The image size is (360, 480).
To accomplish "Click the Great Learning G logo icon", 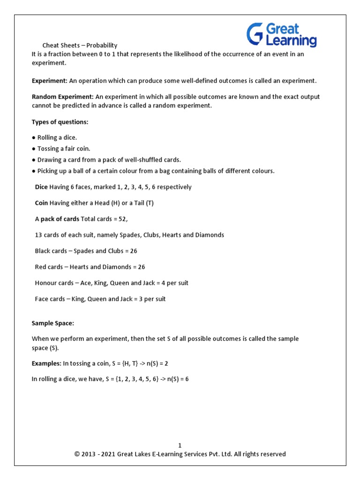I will point(255,35).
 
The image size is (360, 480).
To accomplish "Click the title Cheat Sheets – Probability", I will point(80,45).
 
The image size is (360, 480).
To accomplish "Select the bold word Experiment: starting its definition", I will point(50,81).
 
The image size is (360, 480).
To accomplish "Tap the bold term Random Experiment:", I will point(63,97).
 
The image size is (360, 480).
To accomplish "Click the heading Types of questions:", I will point(60,122).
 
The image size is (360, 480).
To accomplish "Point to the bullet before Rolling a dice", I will point(34,137).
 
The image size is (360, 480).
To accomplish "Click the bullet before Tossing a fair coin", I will point(34,149).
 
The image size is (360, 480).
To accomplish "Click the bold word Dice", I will point(41,187).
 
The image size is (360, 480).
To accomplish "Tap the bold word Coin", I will point(41,203).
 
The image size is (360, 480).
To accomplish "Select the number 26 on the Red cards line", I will point(141,267).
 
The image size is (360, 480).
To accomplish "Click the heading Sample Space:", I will point(53,323).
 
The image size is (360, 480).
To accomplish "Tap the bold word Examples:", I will point(46,363).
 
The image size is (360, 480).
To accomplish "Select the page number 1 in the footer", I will point(180,445).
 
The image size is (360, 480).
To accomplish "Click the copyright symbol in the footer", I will point(77,454).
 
